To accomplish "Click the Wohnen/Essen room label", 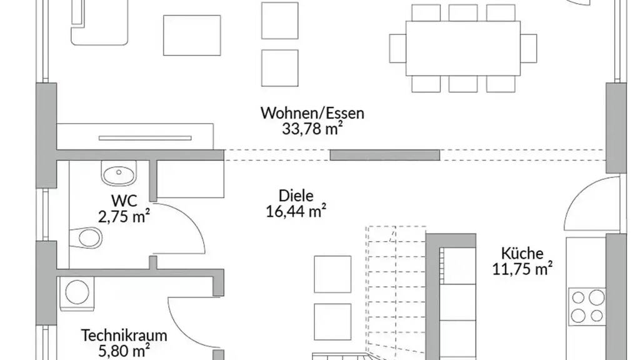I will (x=312, y=114).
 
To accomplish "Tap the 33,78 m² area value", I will (x=312, y=129).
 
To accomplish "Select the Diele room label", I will (x=296, y=195).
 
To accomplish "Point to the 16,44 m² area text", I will (x=296, y=211).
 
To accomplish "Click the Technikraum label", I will (x=116, y=335).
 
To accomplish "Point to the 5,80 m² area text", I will (x=116, y=351).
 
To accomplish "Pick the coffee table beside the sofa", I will (x=191, y=35).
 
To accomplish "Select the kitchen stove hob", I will (x=587, y=306).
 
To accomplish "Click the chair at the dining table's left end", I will (x=397, y=48).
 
